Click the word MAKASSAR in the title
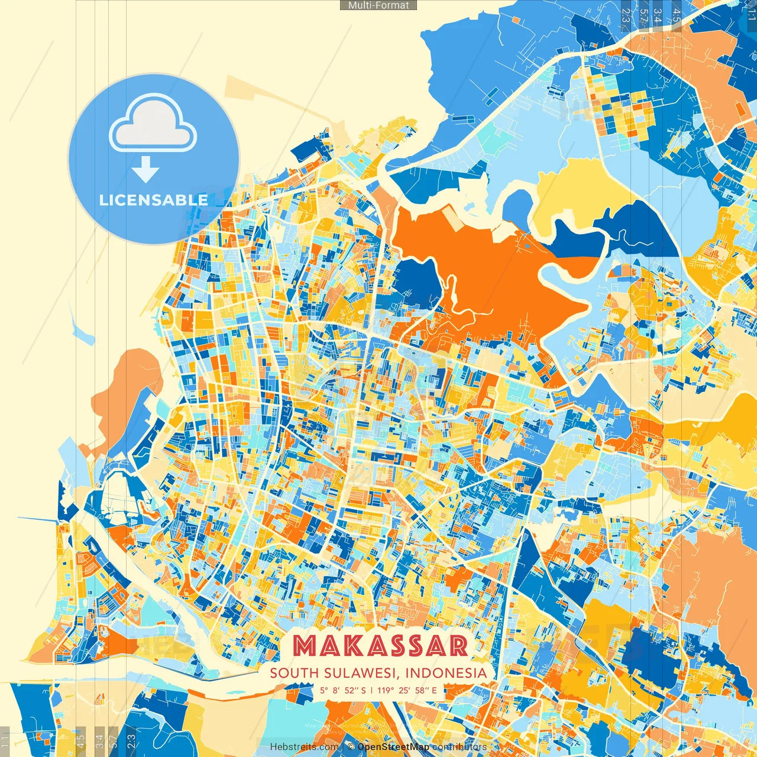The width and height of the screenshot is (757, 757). (x=380, y=646)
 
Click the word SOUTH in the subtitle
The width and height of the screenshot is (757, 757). (x=294, y=673)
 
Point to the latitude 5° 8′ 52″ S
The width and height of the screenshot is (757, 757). (x=343, y=690)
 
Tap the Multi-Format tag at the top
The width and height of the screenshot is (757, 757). (x=378, y=5)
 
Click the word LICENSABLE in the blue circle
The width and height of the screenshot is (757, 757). (x=154, y=200)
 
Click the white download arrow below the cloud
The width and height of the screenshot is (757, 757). (x=145, y=170)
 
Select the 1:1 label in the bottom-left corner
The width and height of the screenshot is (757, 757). (x=5, y=741)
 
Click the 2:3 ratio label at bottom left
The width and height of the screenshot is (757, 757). (x=131, y=741)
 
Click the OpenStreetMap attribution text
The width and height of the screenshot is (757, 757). (x=393, y=748)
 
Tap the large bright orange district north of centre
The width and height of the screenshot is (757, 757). (x=485, y=272)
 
